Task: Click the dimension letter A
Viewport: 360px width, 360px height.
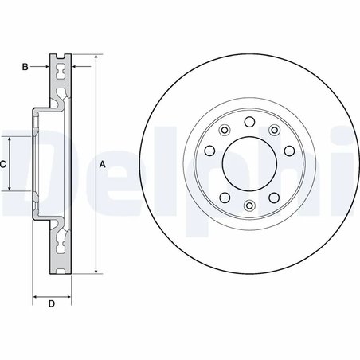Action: point(102,164)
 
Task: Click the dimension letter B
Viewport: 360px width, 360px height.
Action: point(25,66)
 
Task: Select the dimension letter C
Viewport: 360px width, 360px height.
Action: point(3,164)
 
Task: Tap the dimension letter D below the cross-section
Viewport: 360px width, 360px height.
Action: point(51,303)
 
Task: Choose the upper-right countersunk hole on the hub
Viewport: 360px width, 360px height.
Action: point(274,129)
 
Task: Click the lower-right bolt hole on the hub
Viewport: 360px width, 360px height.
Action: point(274,198)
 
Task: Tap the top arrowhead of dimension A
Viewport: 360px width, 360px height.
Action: point(95,57)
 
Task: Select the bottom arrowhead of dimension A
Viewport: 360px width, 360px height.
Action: point(95,272)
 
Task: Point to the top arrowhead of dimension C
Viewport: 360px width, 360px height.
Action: point(10,139)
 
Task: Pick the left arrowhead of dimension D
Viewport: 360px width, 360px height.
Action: point(36,298)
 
